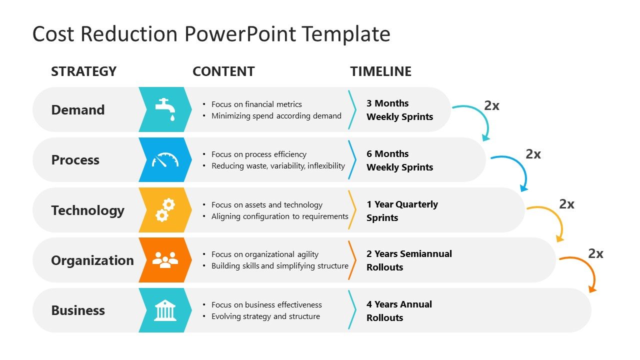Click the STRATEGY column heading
coord(83,71)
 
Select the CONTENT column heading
coord(223,71)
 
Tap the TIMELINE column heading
coord(380,71)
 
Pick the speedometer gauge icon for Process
coord(165,160)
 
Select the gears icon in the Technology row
coord(165,210)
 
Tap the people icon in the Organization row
coord(165,260)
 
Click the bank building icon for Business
coord(165,310)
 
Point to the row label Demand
coord(78,110)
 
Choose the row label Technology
coord(87,210)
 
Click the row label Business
coord(78,310)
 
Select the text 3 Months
coord(387,103)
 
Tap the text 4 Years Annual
coord(399,304)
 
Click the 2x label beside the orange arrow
coord(595,253)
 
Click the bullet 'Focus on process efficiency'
coord(258,154)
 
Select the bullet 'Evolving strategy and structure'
coord(265,316)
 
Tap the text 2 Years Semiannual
coord(409,254)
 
